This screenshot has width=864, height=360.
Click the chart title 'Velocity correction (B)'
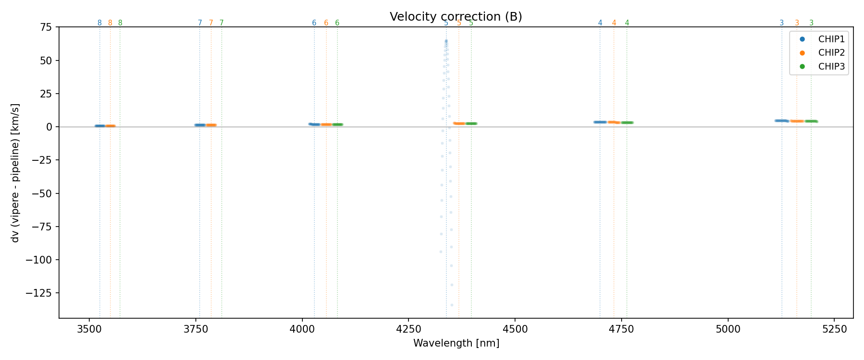click(x=456, y=17)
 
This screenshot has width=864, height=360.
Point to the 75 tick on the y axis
click(x=46, y=27)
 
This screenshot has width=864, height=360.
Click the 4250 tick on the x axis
click(x=408, y=329)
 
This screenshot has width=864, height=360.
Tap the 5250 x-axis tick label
click(x=834, y=329)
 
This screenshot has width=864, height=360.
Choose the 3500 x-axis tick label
click(x=89, y=329)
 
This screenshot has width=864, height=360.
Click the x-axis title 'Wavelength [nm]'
click(x=456, y=343)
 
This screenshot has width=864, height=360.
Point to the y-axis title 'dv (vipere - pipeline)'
click(x=15, y=173)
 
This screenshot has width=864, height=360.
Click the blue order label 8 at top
click(x=99, y=23)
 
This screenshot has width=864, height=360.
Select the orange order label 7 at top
click(x=211, y=23)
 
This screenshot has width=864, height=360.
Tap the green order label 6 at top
click(x=337, y=23)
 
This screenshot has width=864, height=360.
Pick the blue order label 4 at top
click(x=600, y=23)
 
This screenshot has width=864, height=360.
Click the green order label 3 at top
click(x=811, y=23)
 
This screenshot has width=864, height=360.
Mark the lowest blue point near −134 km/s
click(x=452, y=305)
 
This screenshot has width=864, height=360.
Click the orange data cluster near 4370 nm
click(x=459, y=123)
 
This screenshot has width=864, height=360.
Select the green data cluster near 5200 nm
click(x=811, y=121)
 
